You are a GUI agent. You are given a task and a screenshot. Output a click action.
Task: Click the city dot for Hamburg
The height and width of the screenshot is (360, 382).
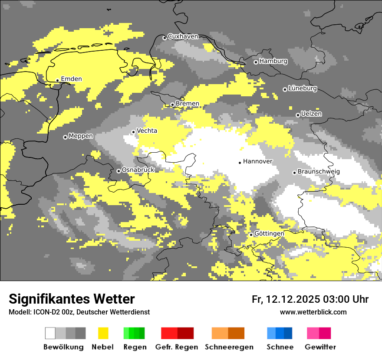[x=256, y=62]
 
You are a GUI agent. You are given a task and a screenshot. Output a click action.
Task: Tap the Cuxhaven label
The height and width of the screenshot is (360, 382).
[x=183, y=36]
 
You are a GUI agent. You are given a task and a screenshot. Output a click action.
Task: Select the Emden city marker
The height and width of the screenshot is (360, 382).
[x=57, y=80]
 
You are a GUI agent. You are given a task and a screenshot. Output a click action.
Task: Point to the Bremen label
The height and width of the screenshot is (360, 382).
[x=188, y=104]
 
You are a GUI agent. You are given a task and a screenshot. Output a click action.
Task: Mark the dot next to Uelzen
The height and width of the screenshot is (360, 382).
[x=298, y=115]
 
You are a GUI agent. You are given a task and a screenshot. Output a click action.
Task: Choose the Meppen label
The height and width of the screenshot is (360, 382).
[x=81, y=136]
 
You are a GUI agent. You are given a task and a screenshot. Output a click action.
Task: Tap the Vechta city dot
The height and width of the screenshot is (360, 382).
[x=133, y=132]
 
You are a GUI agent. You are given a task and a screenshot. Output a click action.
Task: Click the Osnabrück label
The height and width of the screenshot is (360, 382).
[x=138, y=170]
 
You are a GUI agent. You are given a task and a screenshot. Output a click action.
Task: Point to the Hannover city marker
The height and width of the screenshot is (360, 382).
[x=240, y=163]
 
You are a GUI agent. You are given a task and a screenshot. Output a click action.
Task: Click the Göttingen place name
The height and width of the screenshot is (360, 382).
[x=269, y=234]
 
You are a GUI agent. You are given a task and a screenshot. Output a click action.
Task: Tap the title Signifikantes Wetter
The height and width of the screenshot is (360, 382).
[x=72, y=299]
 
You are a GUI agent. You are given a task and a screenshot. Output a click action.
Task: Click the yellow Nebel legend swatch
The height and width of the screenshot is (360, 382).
[x=103, y=333]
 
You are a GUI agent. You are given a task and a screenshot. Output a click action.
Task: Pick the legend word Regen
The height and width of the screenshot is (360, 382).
[x=134, y=347]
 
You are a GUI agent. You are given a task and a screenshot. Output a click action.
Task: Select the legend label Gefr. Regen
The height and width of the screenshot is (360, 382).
[x=177, y=347]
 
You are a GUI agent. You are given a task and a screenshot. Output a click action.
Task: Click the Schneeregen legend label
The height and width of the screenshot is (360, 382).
[x=229, y=347]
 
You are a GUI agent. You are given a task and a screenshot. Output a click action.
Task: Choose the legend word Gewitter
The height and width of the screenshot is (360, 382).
[x=320, y=347]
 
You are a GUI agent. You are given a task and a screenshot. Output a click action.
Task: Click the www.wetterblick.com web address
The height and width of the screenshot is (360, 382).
[x=313, y=312]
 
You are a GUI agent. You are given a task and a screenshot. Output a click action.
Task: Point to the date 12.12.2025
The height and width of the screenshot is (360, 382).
[x=293, y=299]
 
